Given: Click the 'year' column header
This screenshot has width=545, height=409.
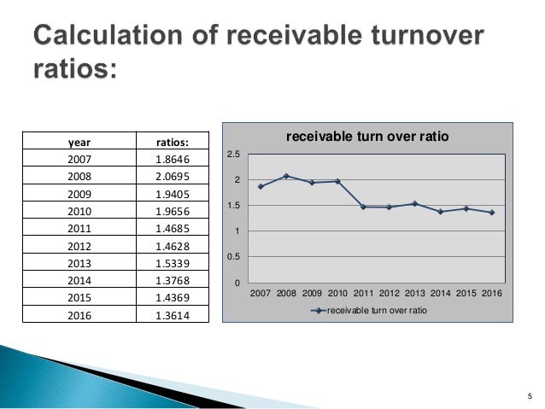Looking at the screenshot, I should [78, 141].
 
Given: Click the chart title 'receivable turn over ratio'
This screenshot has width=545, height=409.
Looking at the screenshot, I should [366, 136].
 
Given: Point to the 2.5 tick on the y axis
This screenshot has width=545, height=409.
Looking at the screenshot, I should [237, 155].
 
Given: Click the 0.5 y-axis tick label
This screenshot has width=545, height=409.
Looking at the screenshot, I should [237, 257].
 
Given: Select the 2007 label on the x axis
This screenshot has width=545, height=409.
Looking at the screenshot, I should [261, 294].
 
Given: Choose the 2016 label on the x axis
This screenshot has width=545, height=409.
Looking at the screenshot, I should [491, 294].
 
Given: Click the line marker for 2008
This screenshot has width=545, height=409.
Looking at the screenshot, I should [286, 176].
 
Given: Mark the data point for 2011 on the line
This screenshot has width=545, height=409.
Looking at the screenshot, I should [363, 207].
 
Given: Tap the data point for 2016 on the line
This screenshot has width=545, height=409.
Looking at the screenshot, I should [491, 213].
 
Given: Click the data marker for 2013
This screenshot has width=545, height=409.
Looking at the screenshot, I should [414, 203].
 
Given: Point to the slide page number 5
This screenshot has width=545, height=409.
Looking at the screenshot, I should [529, 394].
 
